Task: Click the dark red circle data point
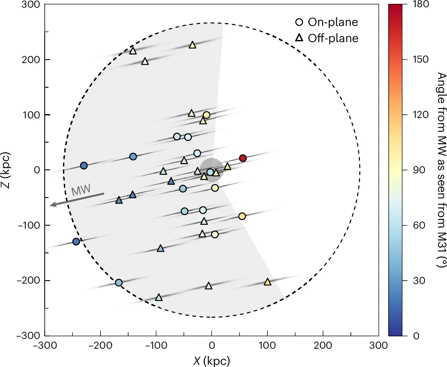point(243,158)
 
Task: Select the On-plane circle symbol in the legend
point(300,22)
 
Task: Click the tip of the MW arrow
point(51,205)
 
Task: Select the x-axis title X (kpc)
point(212,361)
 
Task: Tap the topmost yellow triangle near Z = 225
point(192,45)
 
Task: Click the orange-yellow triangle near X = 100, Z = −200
point(267,282)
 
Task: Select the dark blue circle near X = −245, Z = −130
point(76,241)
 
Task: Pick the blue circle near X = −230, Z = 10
point(84,166)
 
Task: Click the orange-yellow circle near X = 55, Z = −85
point(242,216)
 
